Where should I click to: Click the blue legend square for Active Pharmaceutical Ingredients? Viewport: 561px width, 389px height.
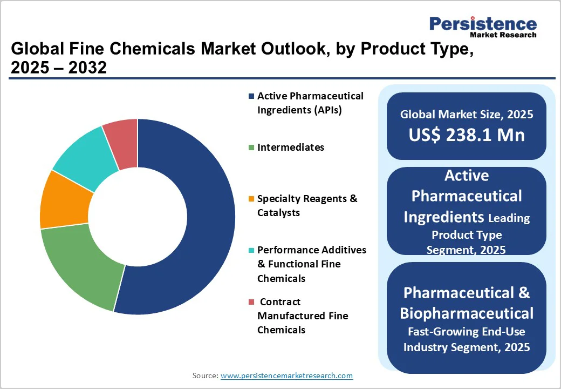click(x=251, y=97)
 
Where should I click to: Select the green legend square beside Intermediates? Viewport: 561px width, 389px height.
click(x=251, y=147)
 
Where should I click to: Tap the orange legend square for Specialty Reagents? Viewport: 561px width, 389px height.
click(x=251, y=199)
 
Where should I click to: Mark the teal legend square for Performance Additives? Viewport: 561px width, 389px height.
click(x=251, y=250)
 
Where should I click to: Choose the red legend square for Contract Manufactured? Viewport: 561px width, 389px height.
click(x=251, y=302)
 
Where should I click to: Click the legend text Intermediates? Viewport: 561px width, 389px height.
click(x=291, y=147)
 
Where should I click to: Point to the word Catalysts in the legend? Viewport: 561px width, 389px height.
click(x=278, y=213)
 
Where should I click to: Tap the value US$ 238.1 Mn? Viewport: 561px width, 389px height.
click(x=467, y=135)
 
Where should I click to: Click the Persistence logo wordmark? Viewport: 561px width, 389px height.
click(x=483, y=24)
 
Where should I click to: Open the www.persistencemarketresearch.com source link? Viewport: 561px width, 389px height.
click(x=286, y=375)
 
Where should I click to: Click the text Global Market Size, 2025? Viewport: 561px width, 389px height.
click(x=467, y=115)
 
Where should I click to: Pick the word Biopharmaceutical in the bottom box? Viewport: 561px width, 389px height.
click(x=467, y=313)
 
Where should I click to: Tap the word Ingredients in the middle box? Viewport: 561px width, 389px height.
click(x=443, y=217)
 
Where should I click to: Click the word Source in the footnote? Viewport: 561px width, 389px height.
click(x=204, y=375)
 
